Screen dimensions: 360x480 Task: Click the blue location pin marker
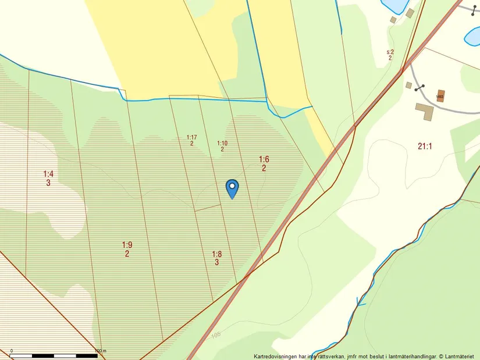click(x=232, y=187)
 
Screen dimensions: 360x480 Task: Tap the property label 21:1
click(x=425, y=147)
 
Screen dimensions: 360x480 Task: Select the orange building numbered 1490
click(x=440, y=97)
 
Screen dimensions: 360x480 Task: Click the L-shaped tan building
click(x=424, y=111)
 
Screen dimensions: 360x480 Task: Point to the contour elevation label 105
click(x=216, y=335)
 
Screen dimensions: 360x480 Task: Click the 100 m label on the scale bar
click(x=100, y=351)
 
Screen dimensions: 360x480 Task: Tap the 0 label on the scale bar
click(x=12, y=351)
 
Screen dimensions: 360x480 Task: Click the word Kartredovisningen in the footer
click(x=275, y=356)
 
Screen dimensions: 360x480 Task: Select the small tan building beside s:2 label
click(x=410, y=13)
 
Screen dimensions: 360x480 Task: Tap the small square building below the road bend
click(x=408, y=85)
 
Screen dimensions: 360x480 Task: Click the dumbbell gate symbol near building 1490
click(x=419, y=87)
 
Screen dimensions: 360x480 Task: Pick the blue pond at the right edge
click(x=472, y=36)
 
